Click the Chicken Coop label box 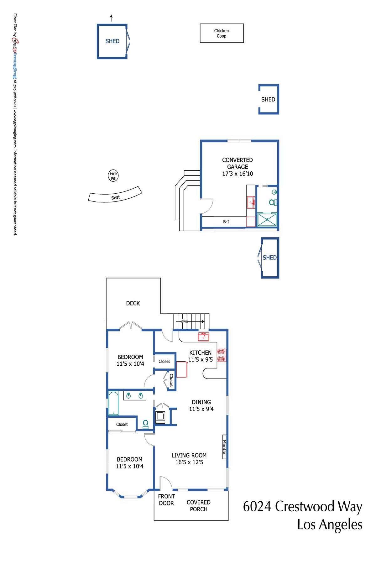point(222,33)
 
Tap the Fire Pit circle point(113,176)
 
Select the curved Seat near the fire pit point(115,196)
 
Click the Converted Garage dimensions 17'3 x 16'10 point(237,174)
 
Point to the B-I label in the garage point(226,222)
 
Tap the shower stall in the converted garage point(267,219)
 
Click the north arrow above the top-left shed point(111,18)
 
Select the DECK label point(133,303)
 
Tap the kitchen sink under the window point(203,337)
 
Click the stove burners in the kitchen point(222,355)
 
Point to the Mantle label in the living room point(224,447)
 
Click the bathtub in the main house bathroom point(113,403)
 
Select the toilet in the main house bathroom point(146,424)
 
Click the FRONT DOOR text point(166,500)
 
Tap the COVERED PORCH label point(198,506)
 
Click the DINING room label point(201,402)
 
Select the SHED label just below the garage point(269,258)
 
